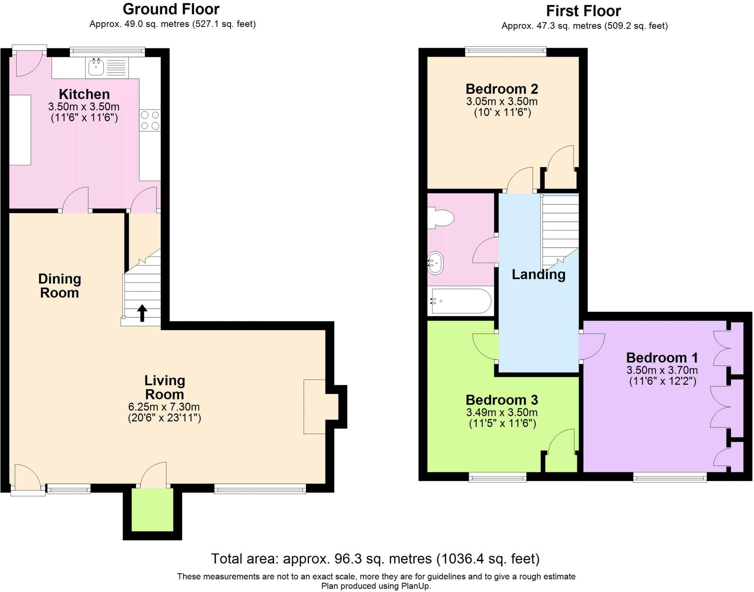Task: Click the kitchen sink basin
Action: click(96, 67)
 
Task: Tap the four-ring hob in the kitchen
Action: click(150, 120)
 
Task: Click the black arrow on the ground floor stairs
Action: click(142, 313)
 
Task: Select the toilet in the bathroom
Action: click(441, 218)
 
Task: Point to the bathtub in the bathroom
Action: click(461, 301)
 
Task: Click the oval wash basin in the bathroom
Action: click(436, 263)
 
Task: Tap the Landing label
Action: click(538, 274)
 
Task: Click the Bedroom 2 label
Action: click(501, 89)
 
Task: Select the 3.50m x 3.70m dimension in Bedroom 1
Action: click(662, 370)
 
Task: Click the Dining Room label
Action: click(60, 286)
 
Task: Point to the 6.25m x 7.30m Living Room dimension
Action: click(164, 407)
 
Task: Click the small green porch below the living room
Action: click(152, 510)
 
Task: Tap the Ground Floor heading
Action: click(171, 9)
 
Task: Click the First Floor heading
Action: click(583, 11)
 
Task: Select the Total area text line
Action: click(375, 559)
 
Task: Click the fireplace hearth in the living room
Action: click(314, 406)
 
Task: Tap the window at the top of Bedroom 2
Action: click(505, 52)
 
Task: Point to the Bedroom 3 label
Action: click(501, 400)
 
